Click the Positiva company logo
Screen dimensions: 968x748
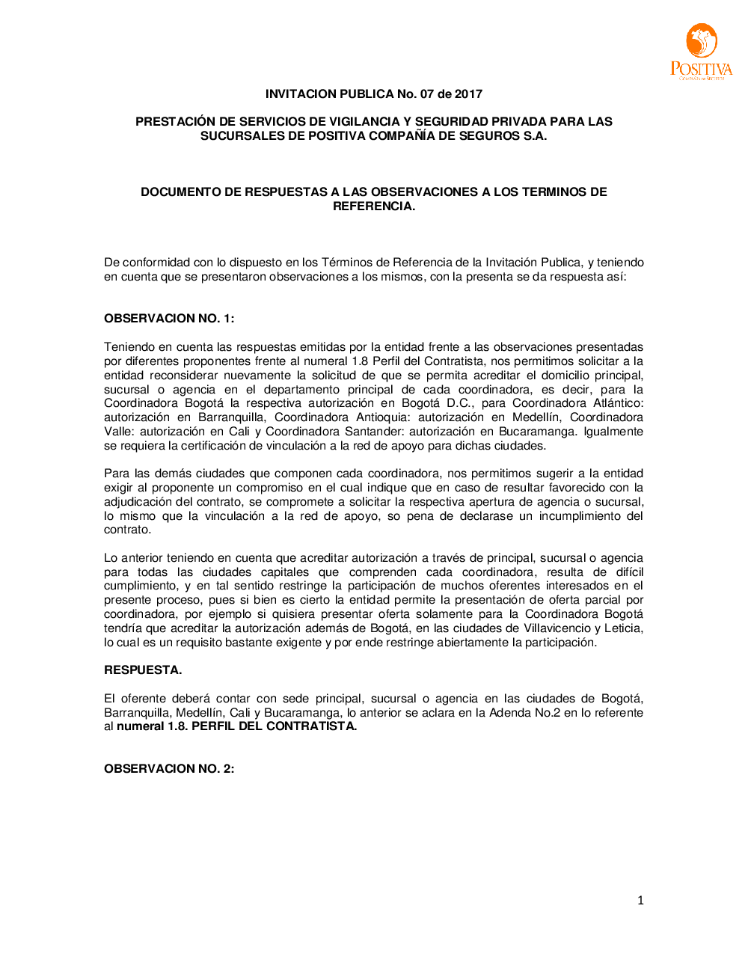coord(701,51)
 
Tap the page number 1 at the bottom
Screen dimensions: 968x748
coord(640,901)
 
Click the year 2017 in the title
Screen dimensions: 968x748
coord(469,94)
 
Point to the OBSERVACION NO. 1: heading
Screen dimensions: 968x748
coord(169,319)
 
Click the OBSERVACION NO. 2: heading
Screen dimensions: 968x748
coord(169,769)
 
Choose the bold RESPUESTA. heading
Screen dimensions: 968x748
coord(143,670)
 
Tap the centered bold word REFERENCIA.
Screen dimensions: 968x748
coord(374,206)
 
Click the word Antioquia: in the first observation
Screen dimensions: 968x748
coord(382,417)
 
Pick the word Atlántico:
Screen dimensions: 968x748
coord(618,403)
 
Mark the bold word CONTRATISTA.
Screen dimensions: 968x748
coord(312,726)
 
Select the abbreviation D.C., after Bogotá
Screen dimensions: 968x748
coord(460,403)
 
